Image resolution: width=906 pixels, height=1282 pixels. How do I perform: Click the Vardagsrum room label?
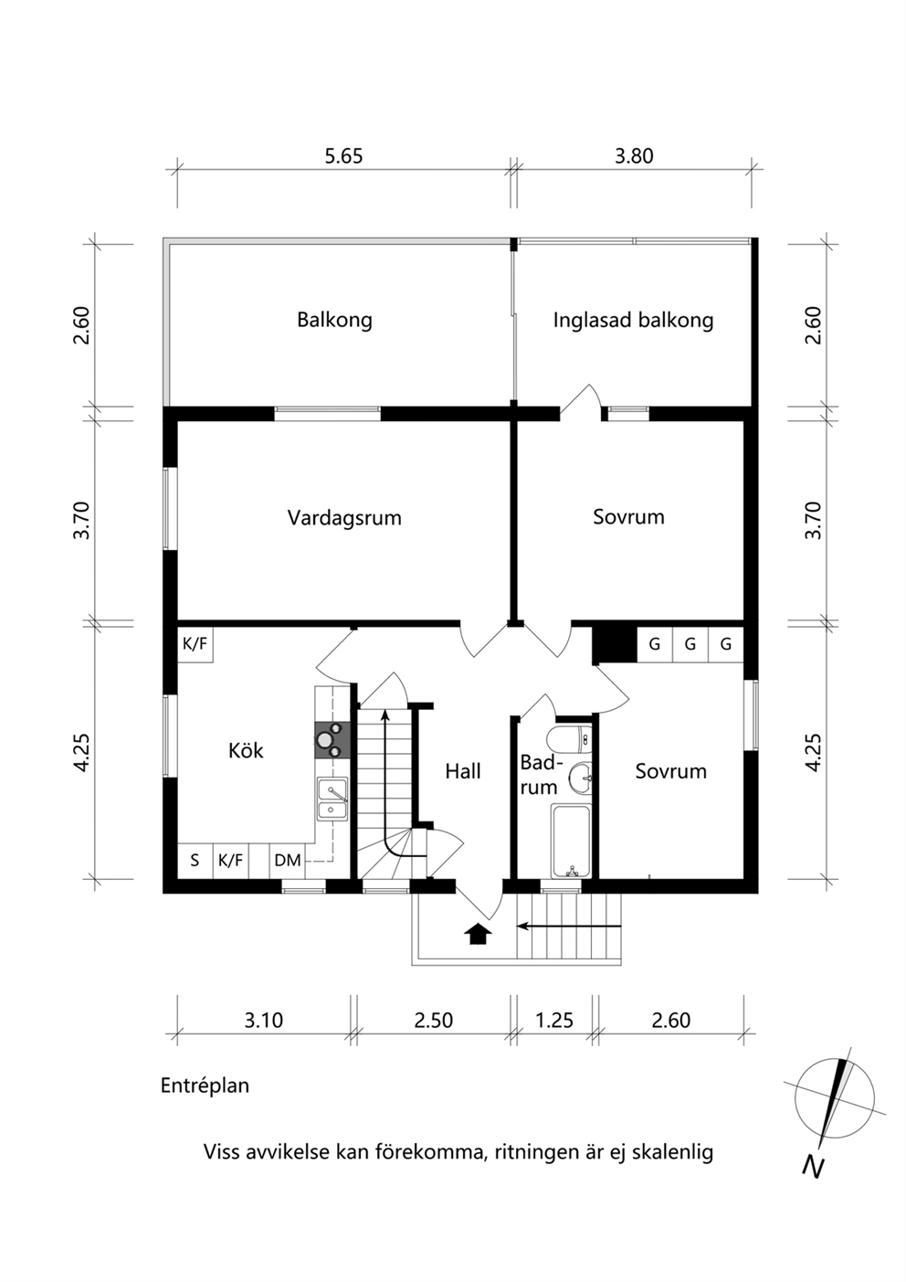(x=344, y=518)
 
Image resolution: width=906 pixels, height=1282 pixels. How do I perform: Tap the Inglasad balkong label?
(x=633, y=320)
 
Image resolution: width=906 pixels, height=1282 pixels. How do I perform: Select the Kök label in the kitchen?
(x=246, y=750)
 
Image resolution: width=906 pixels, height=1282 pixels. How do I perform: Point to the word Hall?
(x=463, y=771)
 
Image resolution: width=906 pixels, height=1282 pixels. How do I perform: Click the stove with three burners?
(x=332, y=740)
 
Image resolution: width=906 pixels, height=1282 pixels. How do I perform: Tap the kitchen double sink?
(x=332, y=799)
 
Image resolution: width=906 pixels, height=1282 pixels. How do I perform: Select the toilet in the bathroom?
(x=570, y=739)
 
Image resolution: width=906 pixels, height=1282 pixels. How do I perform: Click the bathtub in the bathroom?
(x=571, y=841)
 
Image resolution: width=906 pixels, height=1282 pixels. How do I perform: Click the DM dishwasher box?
(x=288, y=860)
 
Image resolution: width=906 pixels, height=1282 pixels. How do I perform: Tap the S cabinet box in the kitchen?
(x=195, y=860)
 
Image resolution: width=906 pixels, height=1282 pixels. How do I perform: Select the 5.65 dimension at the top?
(x=343, y=156)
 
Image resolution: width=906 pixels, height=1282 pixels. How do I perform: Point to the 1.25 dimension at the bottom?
(x=554, y=1021)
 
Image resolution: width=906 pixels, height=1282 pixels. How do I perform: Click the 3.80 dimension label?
(x=634, y=156)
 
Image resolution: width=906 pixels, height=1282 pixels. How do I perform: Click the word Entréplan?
(x=205, y=1086)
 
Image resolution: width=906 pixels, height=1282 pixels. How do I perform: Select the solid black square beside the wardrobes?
(x=615, y=645)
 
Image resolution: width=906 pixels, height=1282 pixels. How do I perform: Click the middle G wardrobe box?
(x=690, y=644)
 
